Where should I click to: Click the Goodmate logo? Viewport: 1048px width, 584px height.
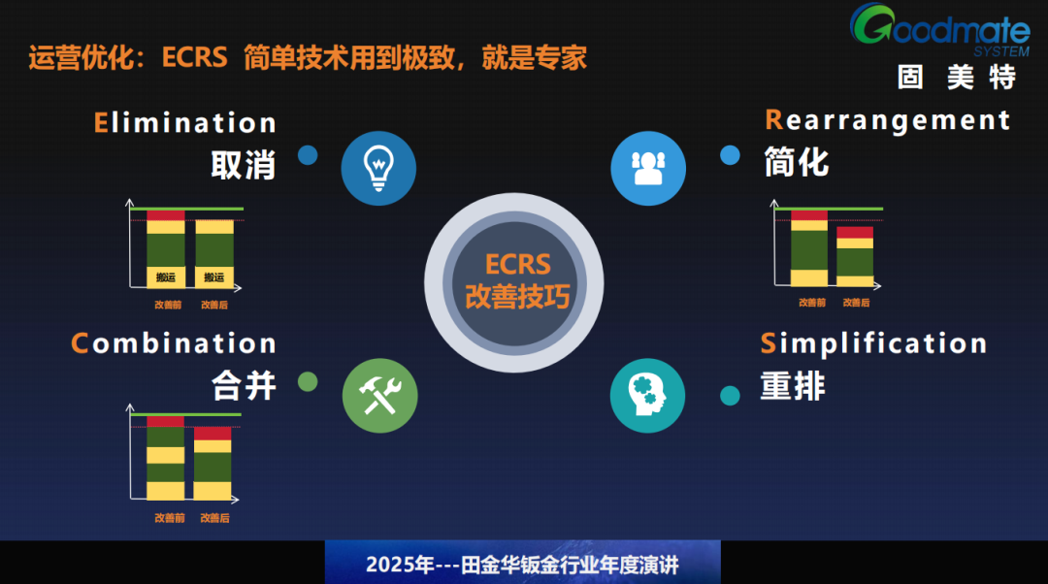[939, 29]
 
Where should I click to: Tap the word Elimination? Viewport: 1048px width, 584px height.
[185, 123]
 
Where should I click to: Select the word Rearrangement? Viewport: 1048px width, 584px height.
[888, 120]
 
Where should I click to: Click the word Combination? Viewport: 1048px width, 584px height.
[174, 343]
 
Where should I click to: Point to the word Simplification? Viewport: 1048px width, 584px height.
[874, 343]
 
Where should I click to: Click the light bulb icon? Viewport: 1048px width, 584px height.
[378, 168]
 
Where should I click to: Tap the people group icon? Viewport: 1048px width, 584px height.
[647, 168]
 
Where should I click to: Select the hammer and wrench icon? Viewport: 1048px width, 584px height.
[379, 396]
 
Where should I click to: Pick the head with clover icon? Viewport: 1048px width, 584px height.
[647, 396]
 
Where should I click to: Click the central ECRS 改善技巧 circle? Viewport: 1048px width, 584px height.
[517, 280]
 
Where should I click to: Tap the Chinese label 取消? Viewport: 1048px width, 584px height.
[244, 165]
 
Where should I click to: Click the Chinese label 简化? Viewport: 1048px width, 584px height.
[796, 161]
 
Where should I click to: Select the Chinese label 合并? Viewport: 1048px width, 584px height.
[244, 385]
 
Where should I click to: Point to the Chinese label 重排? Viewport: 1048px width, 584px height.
[793, 385]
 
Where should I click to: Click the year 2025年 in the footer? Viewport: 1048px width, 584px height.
[399, 565]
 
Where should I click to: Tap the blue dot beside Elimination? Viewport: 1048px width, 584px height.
[308, 155]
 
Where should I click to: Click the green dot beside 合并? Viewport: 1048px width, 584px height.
[308, 382]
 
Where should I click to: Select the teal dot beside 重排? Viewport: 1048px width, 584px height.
[730, 395]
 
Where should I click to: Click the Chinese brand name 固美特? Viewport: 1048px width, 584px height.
[956, 77]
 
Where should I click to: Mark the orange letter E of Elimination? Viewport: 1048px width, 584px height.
[101, 123]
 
